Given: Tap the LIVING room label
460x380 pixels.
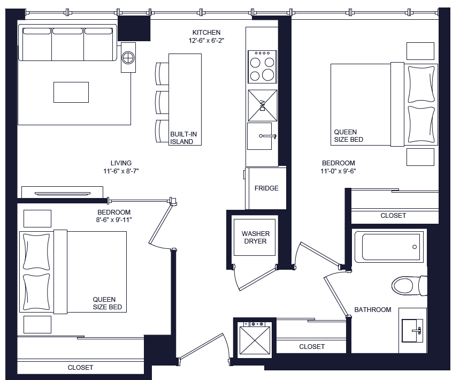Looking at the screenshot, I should pos(121,163).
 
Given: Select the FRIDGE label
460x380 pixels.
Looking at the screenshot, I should pos(266,188).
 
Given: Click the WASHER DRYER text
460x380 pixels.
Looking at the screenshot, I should pos(256,238).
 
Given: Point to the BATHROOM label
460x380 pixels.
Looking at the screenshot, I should pos(373,310).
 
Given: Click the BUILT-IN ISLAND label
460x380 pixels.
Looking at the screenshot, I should pos(181,138).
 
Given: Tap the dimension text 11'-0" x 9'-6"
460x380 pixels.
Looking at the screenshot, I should pos(338,172).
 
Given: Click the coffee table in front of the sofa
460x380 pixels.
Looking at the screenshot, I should pos(71,92).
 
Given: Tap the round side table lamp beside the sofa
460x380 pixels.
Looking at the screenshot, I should pos(128,57).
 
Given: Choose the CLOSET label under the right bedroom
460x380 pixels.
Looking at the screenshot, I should pos(393,216).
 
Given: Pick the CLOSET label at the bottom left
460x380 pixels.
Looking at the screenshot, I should pos(80,368).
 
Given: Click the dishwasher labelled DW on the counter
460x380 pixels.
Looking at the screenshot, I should pos(263,105).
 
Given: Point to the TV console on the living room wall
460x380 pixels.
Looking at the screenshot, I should pos(62,193).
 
